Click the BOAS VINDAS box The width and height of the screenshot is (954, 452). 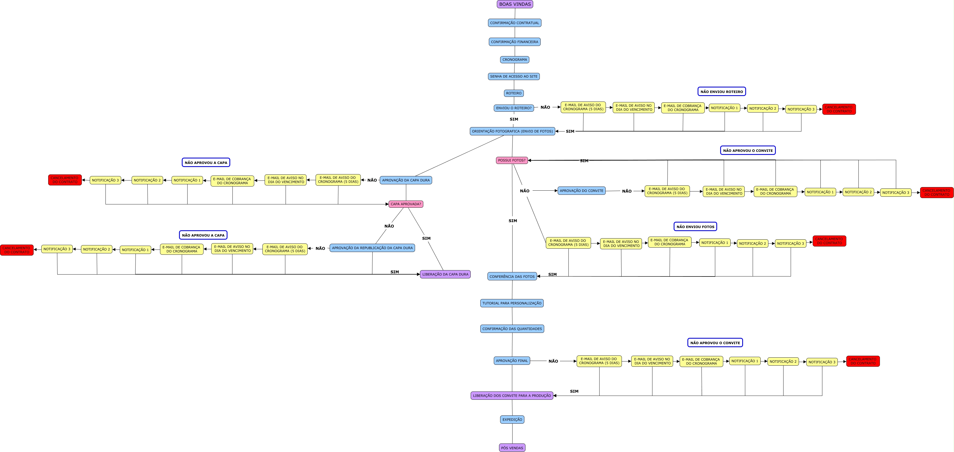(515, 4)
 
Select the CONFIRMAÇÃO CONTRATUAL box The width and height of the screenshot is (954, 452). (514, 23)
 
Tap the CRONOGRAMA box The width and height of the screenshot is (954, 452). (514, 59)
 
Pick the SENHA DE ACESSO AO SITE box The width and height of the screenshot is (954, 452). (514, 76)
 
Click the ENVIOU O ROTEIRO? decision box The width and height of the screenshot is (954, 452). (514, 108)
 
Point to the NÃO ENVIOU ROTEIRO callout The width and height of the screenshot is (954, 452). (722, 91)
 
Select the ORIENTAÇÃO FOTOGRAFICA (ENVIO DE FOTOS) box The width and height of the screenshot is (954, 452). (512, 131)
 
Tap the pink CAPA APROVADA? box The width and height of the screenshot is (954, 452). (405, 204)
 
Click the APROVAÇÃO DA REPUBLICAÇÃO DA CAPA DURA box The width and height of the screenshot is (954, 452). (372, 248)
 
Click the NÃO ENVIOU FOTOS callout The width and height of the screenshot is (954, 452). (695, 227)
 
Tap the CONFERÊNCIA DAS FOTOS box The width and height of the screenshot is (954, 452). (512, 276)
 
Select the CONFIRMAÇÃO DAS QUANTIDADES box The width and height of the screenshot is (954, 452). (512, 329)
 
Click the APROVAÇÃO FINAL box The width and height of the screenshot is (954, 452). (512, 361)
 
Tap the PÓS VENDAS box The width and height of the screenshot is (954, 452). (512, 448)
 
